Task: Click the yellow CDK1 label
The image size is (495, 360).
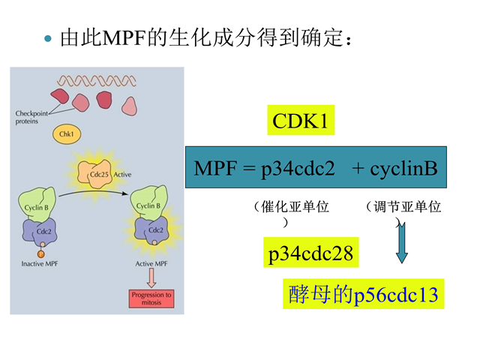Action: click(x=300, y=121)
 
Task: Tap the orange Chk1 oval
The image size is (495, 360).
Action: click(x=68, y=133)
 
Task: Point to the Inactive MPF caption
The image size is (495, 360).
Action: click(x=42, y=263)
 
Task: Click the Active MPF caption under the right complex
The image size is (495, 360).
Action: click(x=151, y=263)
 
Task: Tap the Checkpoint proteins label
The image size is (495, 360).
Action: click(x=31, y=117)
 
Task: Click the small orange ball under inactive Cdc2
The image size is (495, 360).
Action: click(x=42, y=253)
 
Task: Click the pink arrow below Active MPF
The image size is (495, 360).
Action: click(x=151, y=278)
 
